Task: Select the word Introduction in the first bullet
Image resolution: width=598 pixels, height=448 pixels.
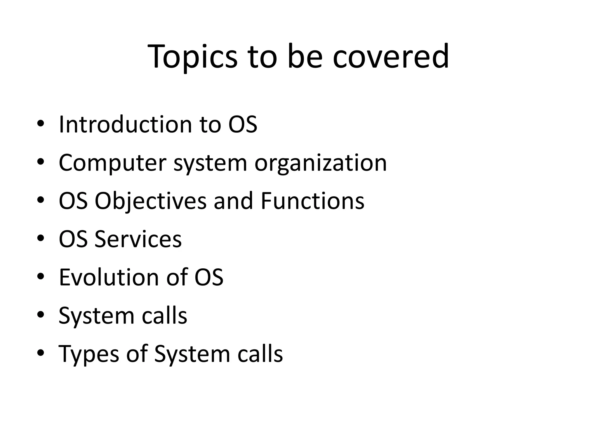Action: (x=125, y=125)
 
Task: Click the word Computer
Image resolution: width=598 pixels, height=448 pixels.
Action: (x=112, y=163)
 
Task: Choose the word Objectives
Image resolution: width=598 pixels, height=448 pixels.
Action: (x=150, y=201)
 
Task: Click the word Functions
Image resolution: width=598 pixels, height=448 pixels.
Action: (x=312, y=201)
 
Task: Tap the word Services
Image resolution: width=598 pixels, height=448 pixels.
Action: (x=138, y=239)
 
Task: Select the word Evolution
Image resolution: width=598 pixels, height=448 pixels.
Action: (x=109, y=277)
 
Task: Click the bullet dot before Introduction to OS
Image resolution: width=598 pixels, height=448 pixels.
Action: (x=41, y=124)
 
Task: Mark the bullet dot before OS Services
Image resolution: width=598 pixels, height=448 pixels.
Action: (x=41, y=238)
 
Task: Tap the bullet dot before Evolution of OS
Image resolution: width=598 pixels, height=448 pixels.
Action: (x=41, y=276)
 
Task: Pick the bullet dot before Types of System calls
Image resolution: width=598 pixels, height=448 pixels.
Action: (x=41, y=353)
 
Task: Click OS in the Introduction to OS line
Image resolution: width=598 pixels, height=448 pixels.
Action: (x=242, y=125)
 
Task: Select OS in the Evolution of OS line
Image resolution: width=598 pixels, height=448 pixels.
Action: (x=209, y=277)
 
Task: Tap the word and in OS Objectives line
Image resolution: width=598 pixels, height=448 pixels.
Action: (x=233, y=201)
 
